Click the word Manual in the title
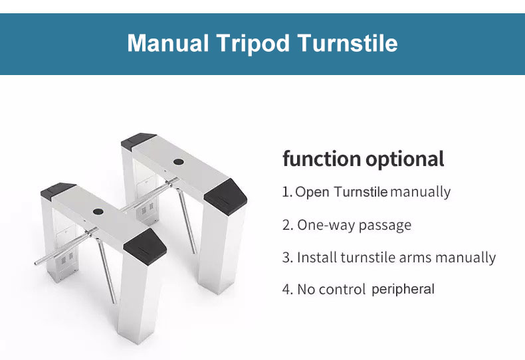(x=167, y=43)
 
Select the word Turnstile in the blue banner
(x=348, y=43)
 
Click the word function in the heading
(x=321, y=159)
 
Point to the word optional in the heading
(x=405, y=159)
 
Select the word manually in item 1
(x=421, y=193)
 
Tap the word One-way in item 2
(x=326, y=225)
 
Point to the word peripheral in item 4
(x=403, y=290)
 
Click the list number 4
(x=287, y=290)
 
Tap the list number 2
(x=287, y=225)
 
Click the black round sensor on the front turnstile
(x=98, y=211)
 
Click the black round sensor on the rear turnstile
(x=179, y=162)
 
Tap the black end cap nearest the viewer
(x=145, y=247)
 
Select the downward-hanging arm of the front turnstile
(x=106, y=270)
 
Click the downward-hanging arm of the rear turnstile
(x=186, y=221)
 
